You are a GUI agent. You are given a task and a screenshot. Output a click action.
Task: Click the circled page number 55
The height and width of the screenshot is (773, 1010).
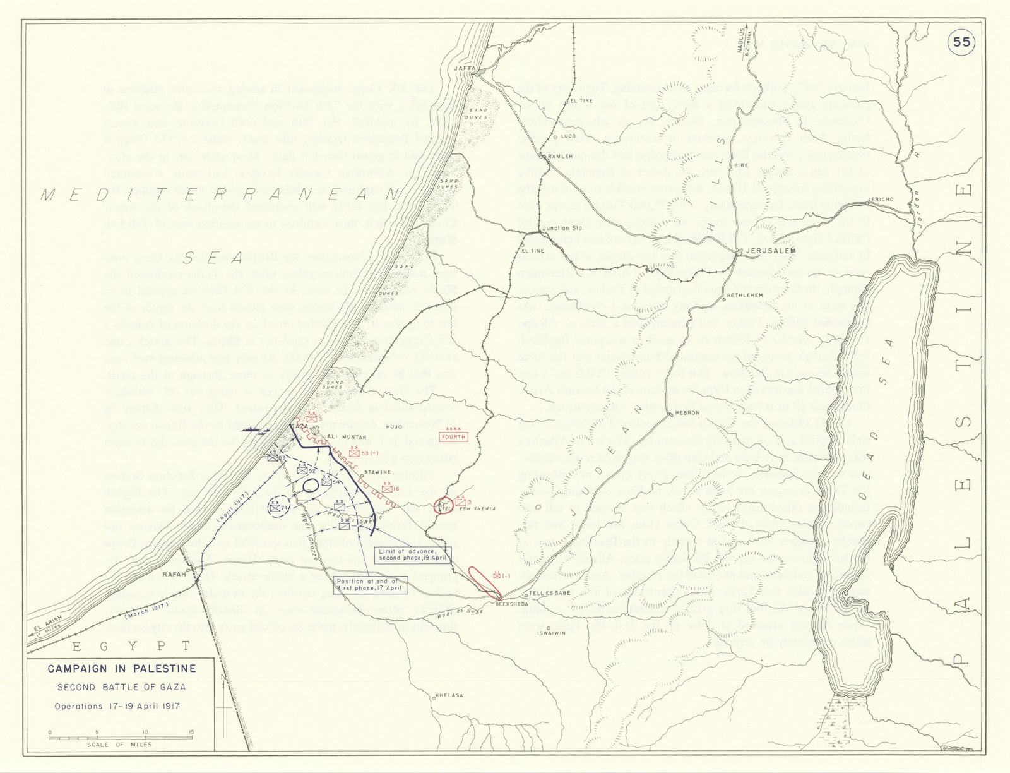(961, 42)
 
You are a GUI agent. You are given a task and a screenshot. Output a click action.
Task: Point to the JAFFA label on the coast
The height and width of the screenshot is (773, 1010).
(464, 68)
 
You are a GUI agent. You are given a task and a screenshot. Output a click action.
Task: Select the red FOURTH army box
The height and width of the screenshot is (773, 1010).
(454, 436)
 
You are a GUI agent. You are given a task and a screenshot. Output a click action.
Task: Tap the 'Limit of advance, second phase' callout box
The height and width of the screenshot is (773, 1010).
(413, 554)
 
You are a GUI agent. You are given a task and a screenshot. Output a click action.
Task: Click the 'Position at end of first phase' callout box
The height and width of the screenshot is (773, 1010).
(367, 584)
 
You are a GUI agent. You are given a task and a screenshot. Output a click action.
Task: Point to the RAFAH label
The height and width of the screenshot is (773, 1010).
(175, 574)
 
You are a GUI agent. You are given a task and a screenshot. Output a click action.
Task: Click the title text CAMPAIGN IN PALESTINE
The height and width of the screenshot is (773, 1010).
(122, 669)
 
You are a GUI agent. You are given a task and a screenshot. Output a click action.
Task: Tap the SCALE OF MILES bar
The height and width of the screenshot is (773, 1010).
(120, 736)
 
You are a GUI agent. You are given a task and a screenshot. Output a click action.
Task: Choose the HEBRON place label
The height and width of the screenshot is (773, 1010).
(687, 413)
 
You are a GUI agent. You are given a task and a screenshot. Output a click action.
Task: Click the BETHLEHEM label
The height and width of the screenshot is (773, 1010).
(745, 295)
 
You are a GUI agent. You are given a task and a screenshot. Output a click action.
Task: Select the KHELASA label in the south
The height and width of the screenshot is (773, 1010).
(449, 695)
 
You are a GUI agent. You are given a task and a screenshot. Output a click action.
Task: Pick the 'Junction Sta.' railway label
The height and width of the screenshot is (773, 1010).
(562, 228)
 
